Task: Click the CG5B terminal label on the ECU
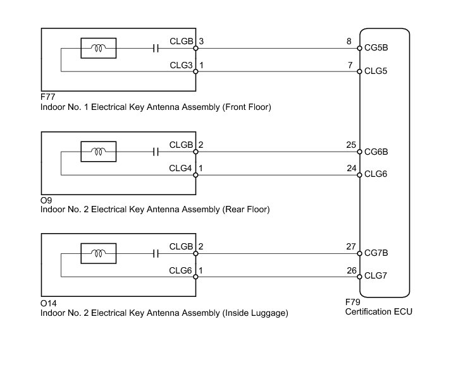pyautogui.click(x=376, y=47)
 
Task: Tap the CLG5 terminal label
pyautogui.click(x=376, y=71)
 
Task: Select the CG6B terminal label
pyautogui.click(x=376, y=152)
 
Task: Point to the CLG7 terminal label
pyautogui.click(x=376, y=275)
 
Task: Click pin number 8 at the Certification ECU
pyautogui.click(x=349, y=41)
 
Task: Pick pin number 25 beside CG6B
pyautogui.click(x=351, y=145)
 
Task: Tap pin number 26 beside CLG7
pyautogui.click(x=352, y=270)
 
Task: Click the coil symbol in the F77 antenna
pyautogui.click(x=99, y=48)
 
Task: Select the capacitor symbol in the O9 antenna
pyautogui.click(x=156, y=152)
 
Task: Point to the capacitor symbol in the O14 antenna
pyautogui.click(x=156, y=253)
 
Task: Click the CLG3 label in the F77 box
pyautogui.click(x=181, y=66)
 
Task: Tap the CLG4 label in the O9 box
pyautogui.click(x=180, y=168)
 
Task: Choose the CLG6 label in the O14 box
pyautogui.click(x=180, y=270)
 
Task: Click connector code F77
pyautogui.click(x=47, y=97)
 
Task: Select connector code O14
pyautogui.click(x=49, y=303)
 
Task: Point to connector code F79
pyautogui.click(x=352, y=302)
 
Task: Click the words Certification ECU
pyautogui.click(x=379, y=312)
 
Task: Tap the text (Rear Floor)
pyautogui.click(x=246, y=209)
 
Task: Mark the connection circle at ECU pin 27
pyautogui.click(x=359, y=253)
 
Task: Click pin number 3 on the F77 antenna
pyautogui.click(x=201, y=41)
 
